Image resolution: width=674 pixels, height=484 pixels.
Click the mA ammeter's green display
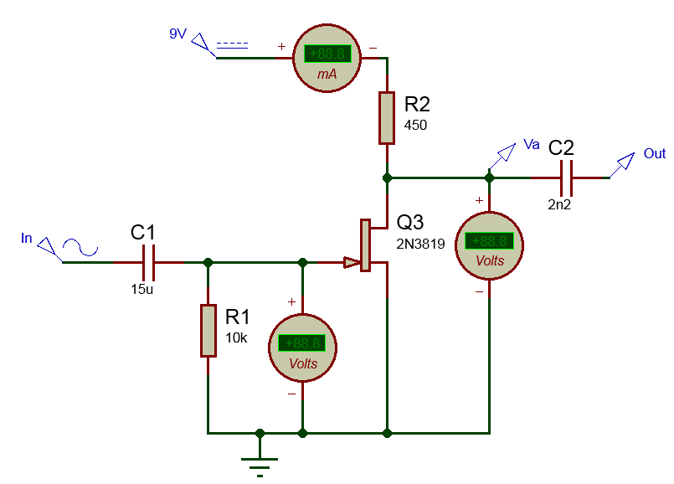pos(327,54)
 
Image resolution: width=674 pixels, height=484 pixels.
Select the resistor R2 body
pos(387,118)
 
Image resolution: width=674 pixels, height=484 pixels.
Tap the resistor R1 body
pos(208,331)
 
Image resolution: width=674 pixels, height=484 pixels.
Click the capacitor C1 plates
pos(148,262)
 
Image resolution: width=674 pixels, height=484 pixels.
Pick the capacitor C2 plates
pos(567,178)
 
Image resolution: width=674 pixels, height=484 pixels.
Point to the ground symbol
pos(260,466)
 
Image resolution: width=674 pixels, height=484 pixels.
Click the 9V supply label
pos(178,33)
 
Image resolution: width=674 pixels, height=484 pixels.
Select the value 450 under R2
pos(415,125)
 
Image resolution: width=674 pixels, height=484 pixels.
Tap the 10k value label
pos(236,338)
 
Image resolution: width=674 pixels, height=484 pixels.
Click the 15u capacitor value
pos(142,289)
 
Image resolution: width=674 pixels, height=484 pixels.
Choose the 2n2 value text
pos(559,204)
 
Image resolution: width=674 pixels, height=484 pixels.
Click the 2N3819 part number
pos(420,245)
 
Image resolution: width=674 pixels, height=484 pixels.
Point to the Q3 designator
pos(410,222)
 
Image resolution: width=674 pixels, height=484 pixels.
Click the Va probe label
pos(532,144)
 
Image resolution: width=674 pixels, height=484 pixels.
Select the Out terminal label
pos(655,153)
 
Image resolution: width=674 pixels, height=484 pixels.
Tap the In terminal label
pos(27,238)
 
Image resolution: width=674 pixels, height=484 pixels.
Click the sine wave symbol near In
pos(80,248)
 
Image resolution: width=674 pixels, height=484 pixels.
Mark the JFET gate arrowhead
pos(352,262)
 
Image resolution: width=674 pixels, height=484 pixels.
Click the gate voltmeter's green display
pos(301,343)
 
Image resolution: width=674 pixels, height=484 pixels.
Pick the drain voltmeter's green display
pos(489,240)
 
